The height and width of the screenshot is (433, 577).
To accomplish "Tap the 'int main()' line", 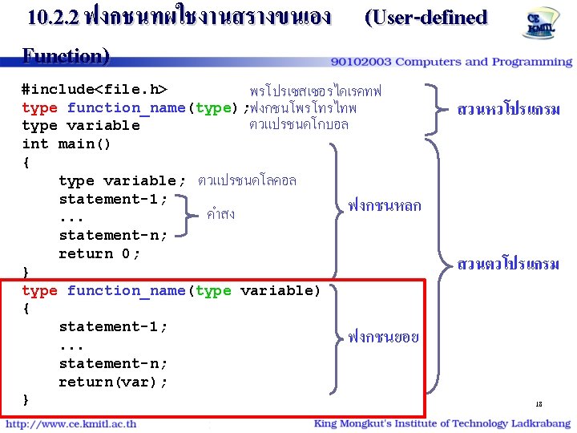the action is tap(67, 144).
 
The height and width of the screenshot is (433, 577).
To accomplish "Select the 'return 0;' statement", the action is tap(99, 253).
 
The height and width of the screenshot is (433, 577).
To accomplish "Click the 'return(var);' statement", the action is tap(113, 382).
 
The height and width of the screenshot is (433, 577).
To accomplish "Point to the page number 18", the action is tap(539, 405).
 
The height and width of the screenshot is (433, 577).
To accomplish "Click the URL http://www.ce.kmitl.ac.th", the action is tap(71, 424).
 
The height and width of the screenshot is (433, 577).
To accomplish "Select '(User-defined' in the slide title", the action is tap(426, 18).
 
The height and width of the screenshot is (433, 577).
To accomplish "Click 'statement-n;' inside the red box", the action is tap(113, 363).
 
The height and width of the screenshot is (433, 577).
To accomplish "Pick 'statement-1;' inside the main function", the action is tap(113, 199).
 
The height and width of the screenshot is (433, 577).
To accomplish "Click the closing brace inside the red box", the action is tap(26, 399).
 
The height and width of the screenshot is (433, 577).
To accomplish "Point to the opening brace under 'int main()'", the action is tap(26, 163).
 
